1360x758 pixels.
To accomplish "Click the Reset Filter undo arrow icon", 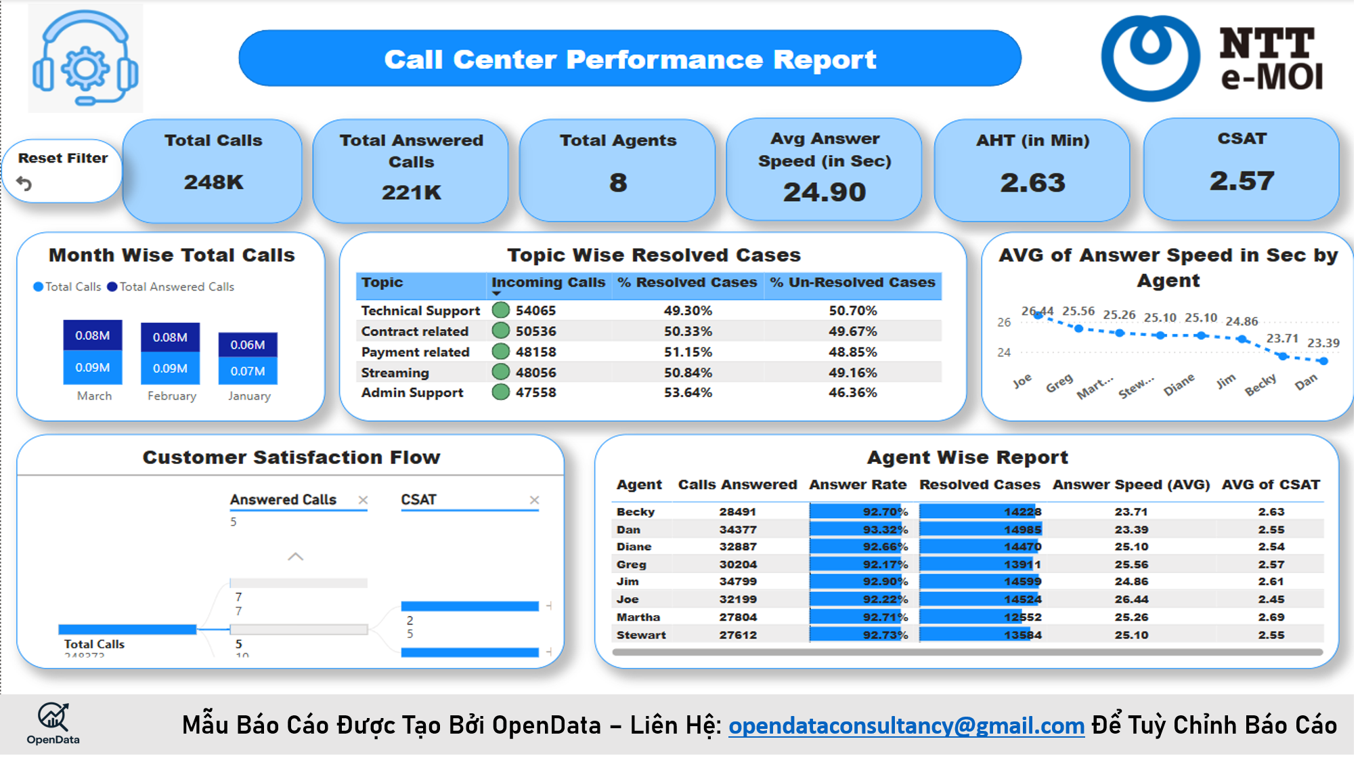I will point(24,184).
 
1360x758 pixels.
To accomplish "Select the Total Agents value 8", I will point(617,183).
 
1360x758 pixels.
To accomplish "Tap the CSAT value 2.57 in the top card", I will point(1242,181).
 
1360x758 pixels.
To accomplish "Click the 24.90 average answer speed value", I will point(824,192).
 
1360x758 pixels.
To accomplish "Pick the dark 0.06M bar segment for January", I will point(248,345).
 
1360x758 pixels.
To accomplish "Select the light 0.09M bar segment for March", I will point(93,368).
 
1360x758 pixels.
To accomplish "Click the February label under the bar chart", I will point(172,396).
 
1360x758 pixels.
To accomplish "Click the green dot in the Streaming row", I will point(501,372).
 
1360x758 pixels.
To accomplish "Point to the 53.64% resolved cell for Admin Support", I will point(688,393).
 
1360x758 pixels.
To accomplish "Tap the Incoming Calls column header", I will point(548,282).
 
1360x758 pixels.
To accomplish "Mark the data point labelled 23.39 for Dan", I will point(1323,361).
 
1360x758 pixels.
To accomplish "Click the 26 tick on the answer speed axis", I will point(1004,322).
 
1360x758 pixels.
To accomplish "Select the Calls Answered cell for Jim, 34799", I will point(738,582).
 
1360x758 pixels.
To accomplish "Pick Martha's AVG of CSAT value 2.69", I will point(1271,617).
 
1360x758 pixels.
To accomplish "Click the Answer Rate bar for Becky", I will point(858,512).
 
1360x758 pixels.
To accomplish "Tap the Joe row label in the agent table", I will point(628,599).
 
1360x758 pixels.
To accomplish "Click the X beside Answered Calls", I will point(363,500).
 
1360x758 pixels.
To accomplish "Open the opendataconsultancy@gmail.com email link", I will point(906,725).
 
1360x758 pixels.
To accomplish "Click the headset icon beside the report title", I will point(85,58).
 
